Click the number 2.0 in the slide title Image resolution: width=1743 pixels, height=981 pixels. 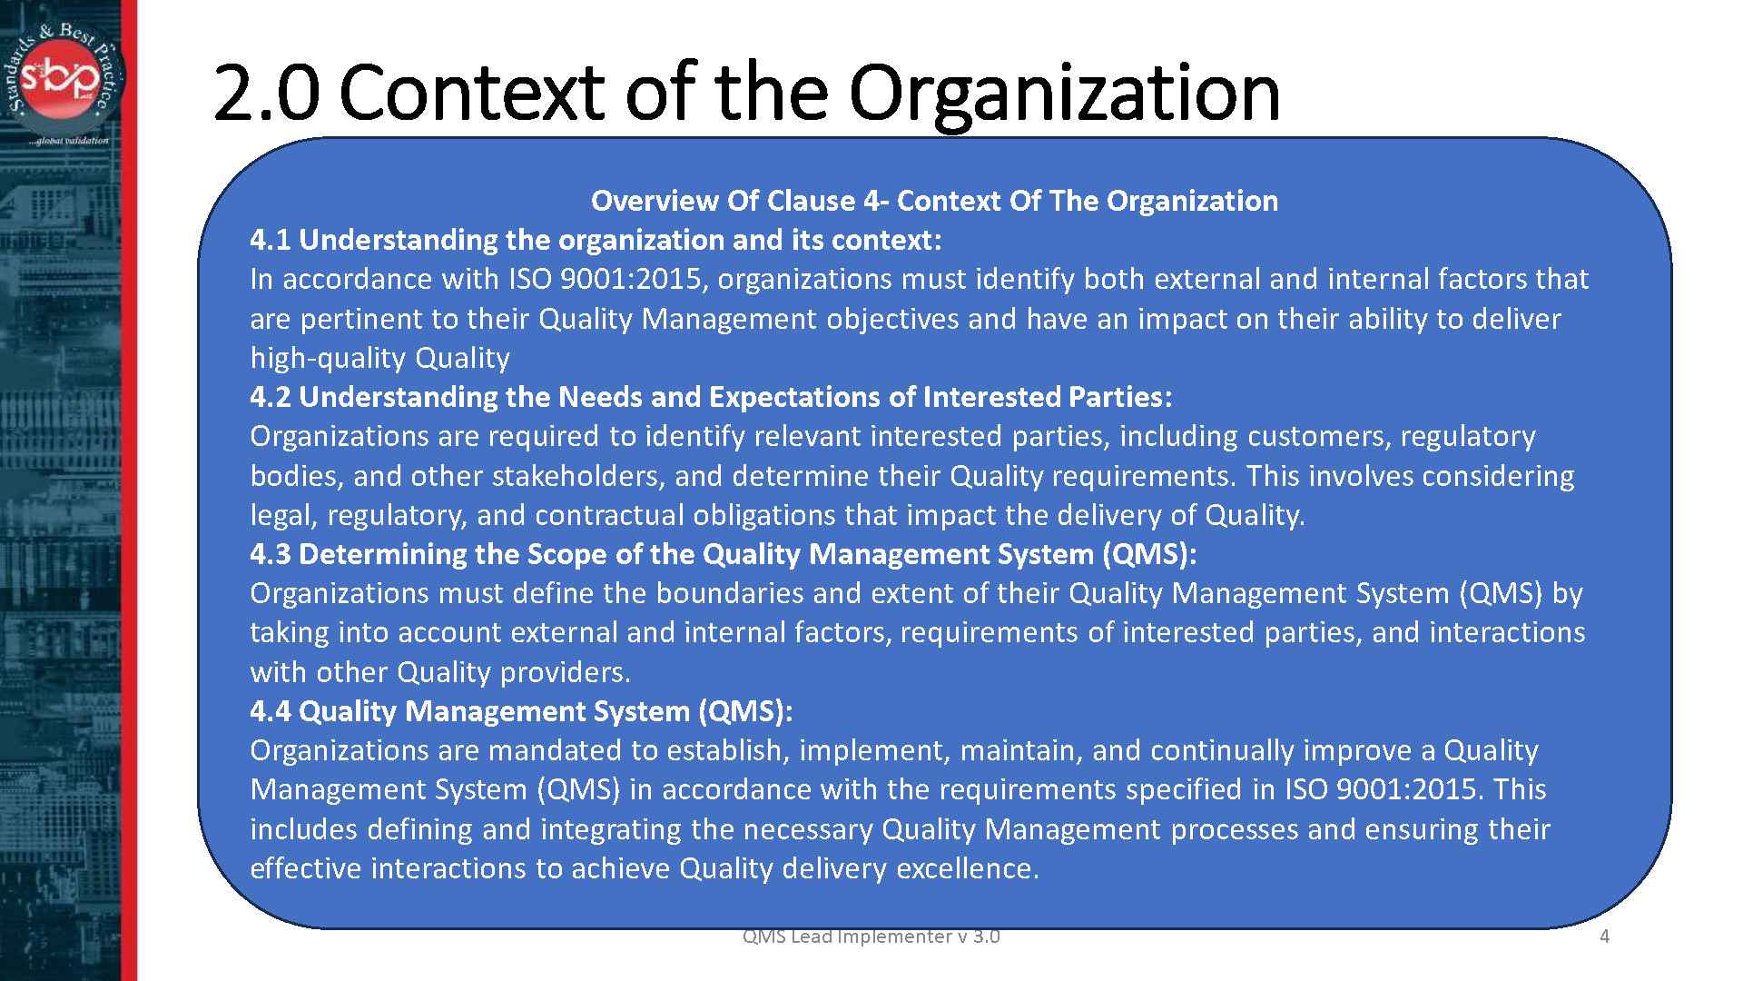point(265,93)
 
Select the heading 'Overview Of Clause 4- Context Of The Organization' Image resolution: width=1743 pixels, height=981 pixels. point(934,201)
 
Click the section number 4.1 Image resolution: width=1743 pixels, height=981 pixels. point(271,240)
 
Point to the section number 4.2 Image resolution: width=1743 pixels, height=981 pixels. point(271,397)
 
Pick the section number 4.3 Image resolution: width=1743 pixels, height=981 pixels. point(271,554)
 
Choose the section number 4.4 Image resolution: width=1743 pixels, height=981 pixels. point(271,711)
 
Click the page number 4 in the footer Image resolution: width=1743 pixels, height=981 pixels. point(1604,936)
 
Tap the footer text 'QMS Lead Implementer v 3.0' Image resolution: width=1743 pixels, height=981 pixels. point(871,936)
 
